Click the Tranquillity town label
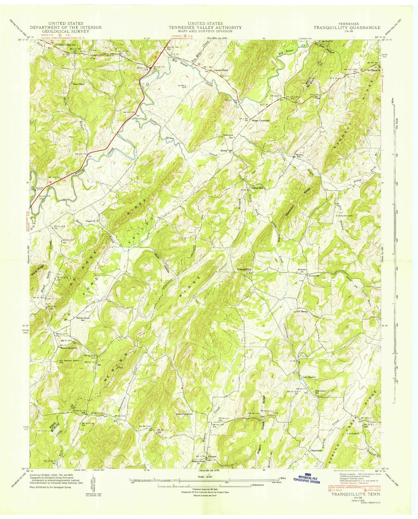245,269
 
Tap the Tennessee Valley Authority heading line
205,27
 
